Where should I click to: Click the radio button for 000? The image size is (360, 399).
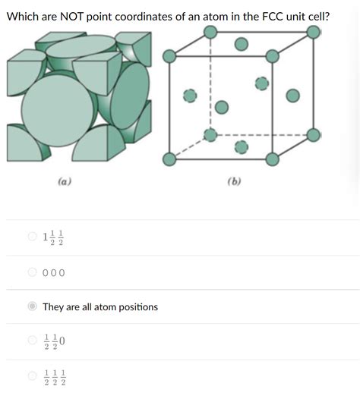click(32, 272)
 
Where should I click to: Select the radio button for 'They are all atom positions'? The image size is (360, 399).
click(32, 307)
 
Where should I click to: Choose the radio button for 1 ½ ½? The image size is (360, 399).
click(32, 237)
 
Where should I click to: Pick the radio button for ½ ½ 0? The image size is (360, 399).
click(32, 341)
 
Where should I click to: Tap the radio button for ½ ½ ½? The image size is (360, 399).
click(32, 375)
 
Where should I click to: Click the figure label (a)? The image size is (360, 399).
click(65, 182)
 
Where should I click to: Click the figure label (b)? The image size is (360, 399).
click(233, 182)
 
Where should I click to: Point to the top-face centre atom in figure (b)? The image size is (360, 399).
click(242, 45)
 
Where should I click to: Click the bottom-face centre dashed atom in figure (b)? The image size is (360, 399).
click(242, 146)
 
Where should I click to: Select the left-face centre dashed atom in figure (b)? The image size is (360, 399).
click(190, 96)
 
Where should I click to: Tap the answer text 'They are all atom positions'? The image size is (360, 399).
click(100, 307)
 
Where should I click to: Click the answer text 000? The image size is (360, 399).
click(54, 273)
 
